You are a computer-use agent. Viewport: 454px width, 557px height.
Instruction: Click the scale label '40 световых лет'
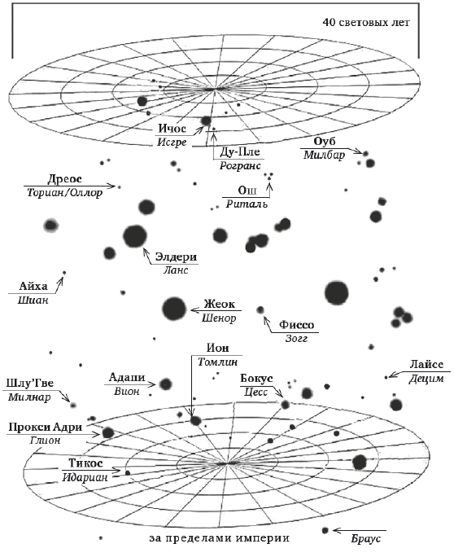tap(366, 23)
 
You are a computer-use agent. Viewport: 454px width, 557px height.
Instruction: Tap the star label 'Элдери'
tap(176, 257)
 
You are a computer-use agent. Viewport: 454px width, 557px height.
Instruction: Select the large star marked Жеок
tap(174, 309)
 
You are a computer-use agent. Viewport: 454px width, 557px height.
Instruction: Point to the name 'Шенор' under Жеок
tap(219, 318)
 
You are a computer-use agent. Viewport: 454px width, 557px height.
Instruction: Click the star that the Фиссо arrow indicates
tap(260, 310)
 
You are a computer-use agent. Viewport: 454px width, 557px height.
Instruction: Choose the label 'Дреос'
tap(64, 179)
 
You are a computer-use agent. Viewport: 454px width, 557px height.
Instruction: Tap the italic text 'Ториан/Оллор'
tap(65, 193)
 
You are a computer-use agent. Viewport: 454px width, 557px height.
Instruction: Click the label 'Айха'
tap(33, 287)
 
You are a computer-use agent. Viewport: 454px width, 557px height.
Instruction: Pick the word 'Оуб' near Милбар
tap(325, 142)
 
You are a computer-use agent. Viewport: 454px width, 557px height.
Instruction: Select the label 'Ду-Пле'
tap(239, 152)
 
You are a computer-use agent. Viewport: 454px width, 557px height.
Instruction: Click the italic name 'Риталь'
tap(247, 204)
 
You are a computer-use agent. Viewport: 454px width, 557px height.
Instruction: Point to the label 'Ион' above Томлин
tap(217, 348)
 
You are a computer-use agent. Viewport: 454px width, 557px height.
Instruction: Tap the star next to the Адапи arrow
tap(165, 384)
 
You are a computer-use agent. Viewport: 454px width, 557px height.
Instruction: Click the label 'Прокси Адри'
tap(45, 427)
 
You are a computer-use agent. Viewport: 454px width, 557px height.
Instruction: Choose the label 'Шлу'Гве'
tap(30, 384)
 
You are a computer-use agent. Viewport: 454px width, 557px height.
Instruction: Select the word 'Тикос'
tap(85, 463)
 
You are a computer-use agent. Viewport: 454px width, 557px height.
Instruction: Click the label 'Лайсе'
tap(426, 365)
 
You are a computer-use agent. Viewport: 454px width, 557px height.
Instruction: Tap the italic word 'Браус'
tap(365, 539)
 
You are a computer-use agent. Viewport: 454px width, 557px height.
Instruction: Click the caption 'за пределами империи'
tap(220, 538)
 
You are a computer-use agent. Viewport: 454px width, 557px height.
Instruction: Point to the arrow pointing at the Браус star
tap(360, 531)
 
